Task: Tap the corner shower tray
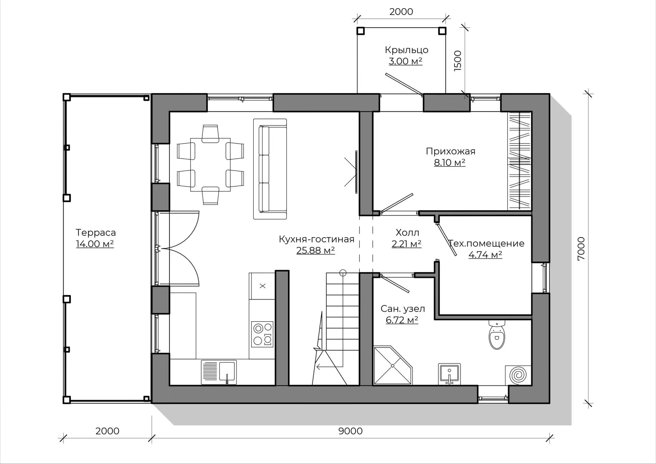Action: (393, 366)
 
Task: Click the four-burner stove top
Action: (262, 334)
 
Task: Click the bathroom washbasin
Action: (449, 374)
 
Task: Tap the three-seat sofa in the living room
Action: (270, 169)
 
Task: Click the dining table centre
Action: (210, 165)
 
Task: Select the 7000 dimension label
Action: (581, 248)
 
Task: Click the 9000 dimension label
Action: (350, 431)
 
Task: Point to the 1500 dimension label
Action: (458, 61)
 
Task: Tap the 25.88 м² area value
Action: (315, 250)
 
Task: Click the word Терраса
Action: (96, 233)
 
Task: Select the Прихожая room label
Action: (450, 151)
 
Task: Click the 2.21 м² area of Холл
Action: (406, 244)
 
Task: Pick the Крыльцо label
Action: (406, 50)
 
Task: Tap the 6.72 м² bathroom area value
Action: (402, 320)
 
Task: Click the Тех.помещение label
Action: (486, 243)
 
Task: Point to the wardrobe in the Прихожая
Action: (519, 161)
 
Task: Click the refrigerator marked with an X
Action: (262, 286)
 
